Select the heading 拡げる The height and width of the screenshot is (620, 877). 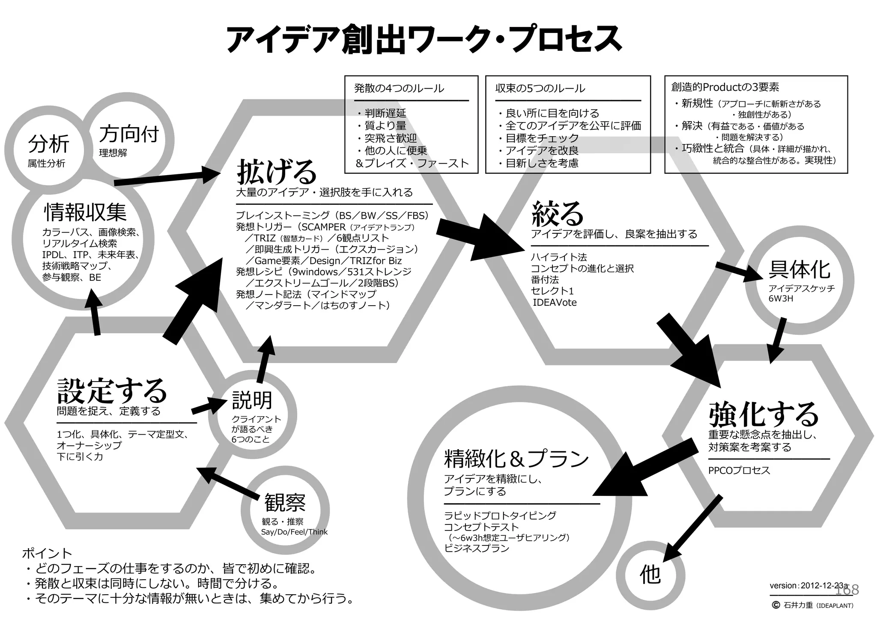point(276,171)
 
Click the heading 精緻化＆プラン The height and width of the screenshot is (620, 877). point(516,459)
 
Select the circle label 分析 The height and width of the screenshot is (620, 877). point(48,144)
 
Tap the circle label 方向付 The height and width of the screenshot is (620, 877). point(129,134)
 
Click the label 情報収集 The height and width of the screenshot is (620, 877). point(86,212)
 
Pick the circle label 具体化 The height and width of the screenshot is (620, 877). point(799,269)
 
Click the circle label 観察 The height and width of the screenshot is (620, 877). point(285,503)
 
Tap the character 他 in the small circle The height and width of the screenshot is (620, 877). point(650,574)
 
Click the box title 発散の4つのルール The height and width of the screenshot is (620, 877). point(399,89)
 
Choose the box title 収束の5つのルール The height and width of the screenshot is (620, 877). point(540,89)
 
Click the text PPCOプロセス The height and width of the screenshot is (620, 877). point(739,471)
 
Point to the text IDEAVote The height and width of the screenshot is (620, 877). point(554,303)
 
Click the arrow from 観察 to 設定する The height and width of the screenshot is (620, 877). point(229,484)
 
